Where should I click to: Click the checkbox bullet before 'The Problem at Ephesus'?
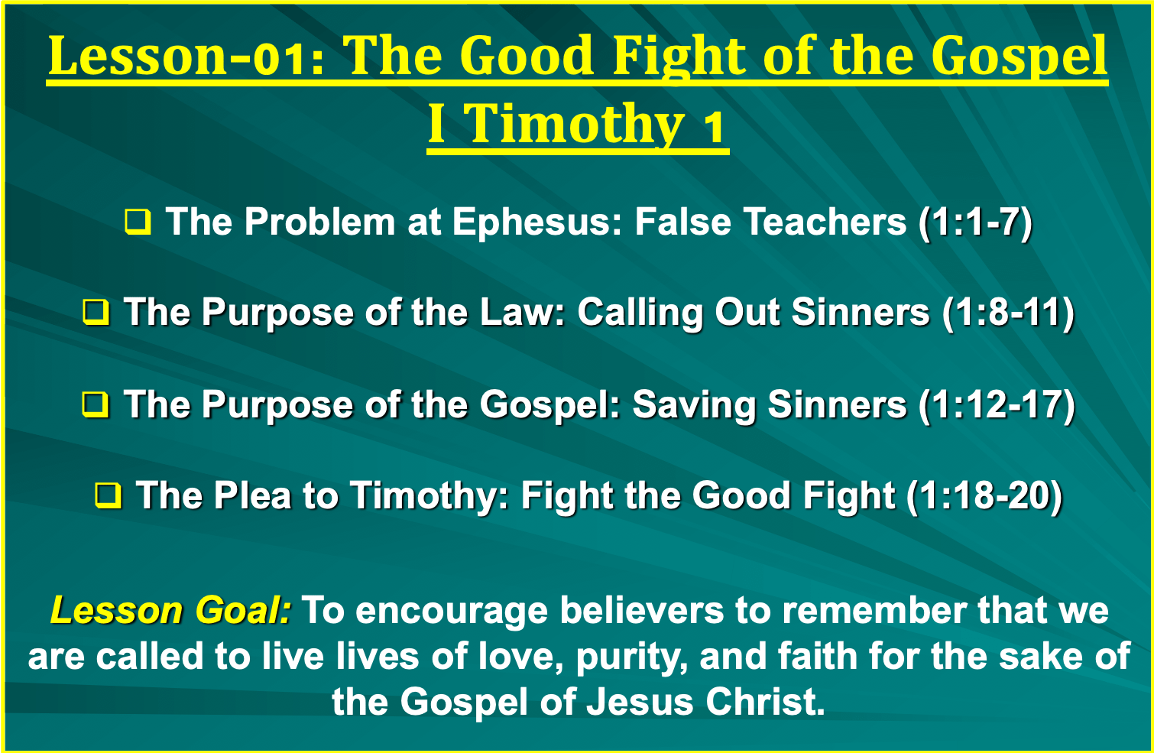click(138, 222)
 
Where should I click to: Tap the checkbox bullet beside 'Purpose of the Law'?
click(96, 313)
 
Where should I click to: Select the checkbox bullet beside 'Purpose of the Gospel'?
click(96, 404)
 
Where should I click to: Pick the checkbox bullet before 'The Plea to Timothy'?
click(109, 495)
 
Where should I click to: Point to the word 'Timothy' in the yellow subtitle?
click(578, 125)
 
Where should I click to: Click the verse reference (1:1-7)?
click(976, 222)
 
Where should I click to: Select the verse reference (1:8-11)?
click(1008, 313)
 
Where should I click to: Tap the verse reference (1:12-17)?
click(997, 404)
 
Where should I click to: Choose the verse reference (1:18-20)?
click(984, 495)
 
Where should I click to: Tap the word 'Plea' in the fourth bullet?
click(252, 495)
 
